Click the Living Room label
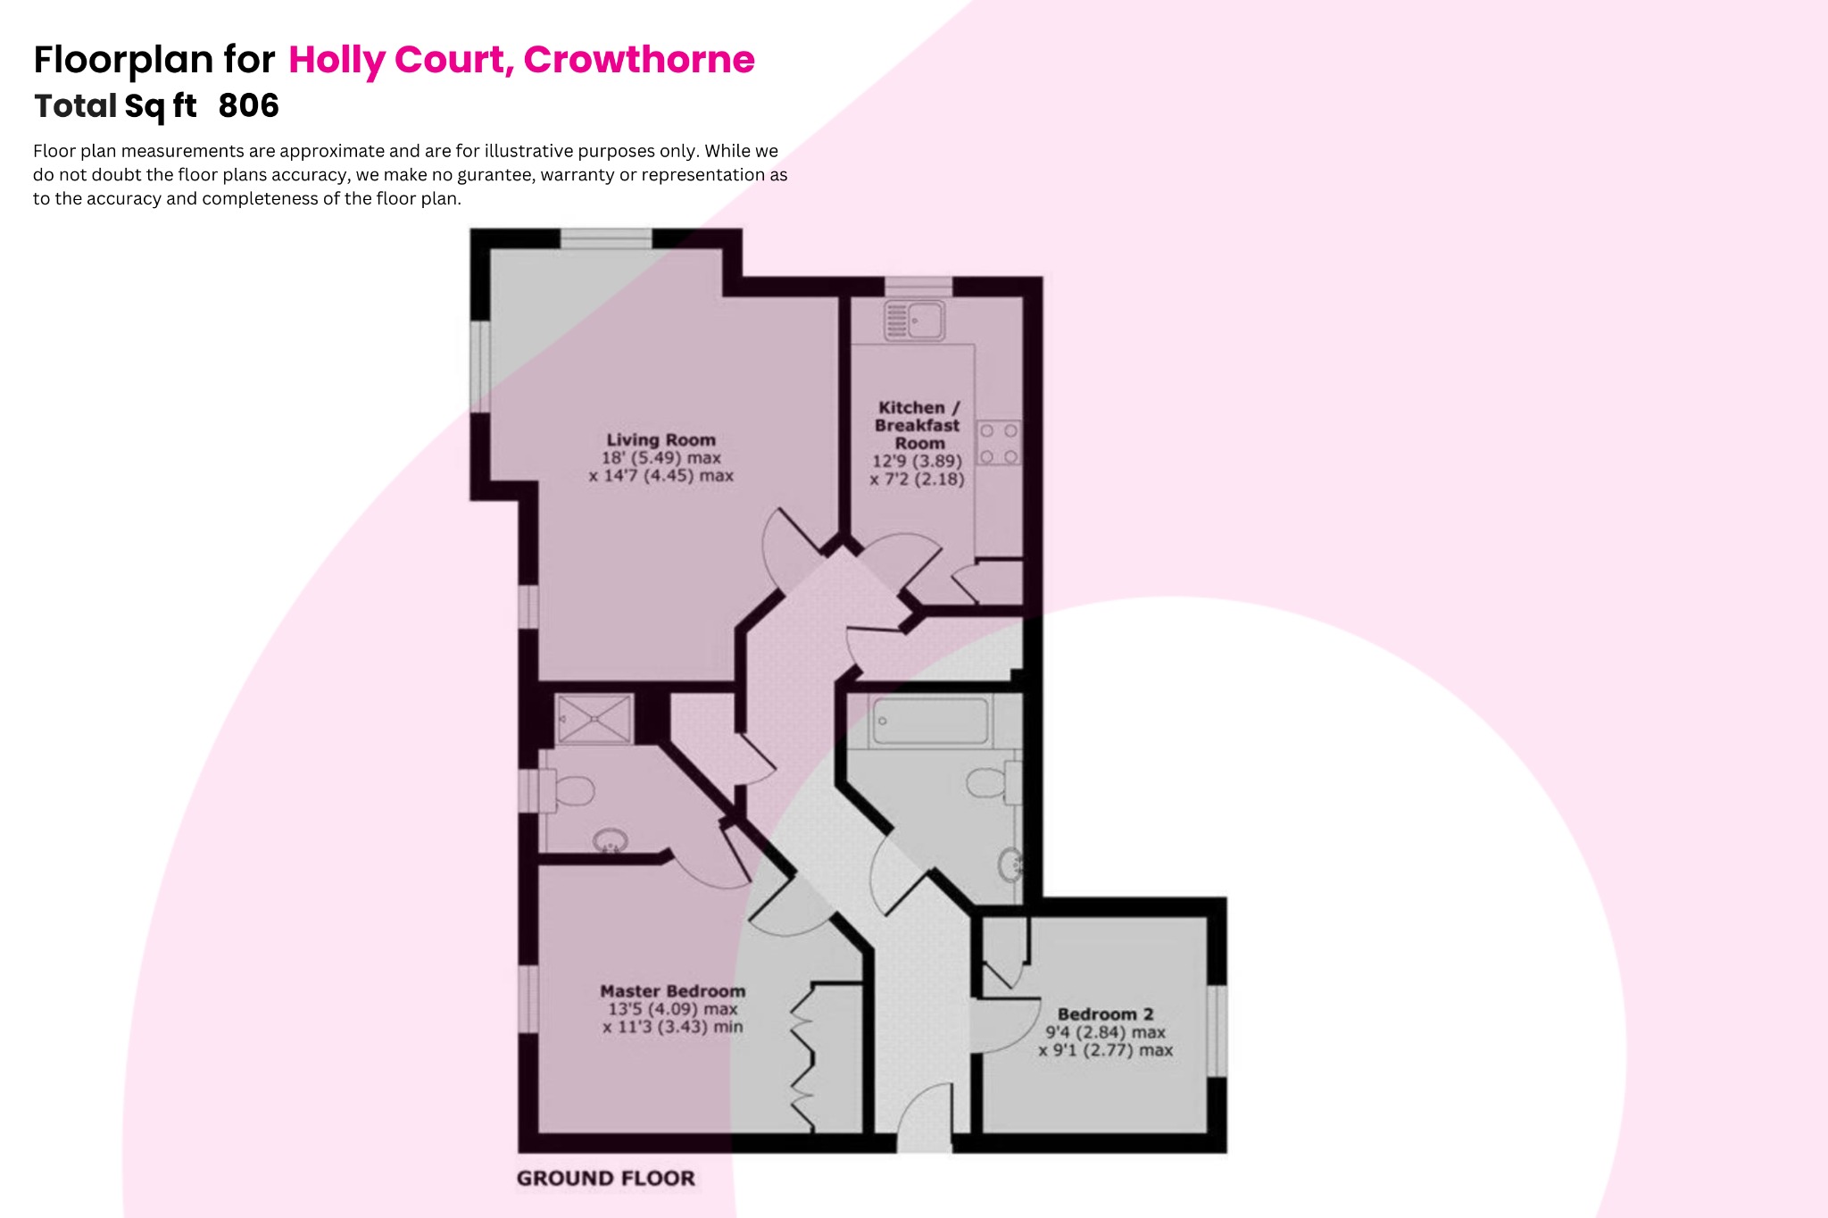pos(661,439)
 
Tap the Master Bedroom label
pos(672,991)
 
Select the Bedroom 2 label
pos(1105,1014)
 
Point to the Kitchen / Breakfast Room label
pos(918,425)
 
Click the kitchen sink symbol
pos(914,321)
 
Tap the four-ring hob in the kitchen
pos(999,444)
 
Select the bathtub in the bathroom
pos(930,722)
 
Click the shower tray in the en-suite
pos(594,719)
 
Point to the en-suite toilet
pos(570,791)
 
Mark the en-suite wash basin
pos(611,841)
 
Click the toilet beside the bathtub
pos(991,783)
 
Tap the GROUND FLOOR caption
pos(605,1179)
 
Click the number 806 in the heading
pos(248,105)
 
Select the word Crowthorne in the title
pos(639,60)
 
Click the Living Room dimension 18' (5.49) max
pos(661,458)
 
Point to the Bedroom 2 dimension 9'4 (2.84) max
pos(1105,1032)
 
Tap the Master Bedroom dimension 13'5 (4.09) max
pos(672,1009)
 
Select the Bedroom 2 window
pos(1217,1031)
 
